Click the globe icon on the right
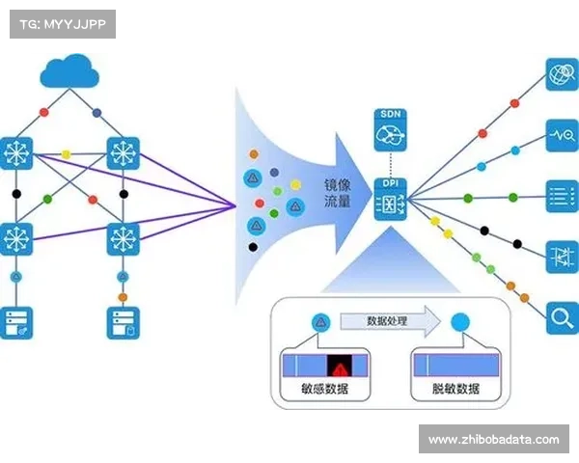click(x=561, y=74)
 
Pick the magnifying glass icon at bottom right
click(x=561, y=314)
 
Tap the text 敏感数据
click(x=325, y=390)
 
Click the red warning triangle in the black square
click(x=340, y=366)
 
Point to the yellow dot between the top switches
click(x=67, y=153)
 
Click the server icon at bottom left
click(x=16, y=321)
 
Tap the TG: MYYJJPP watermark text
click(x=61, y=23)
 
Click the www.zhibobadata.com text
click(x=492, y=440)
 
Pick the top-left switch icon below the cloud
click(x=16, y=153)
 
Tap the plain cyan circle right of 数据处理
click(x=460, y=323)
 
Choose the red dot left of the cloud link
click(x=43, y=113)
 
